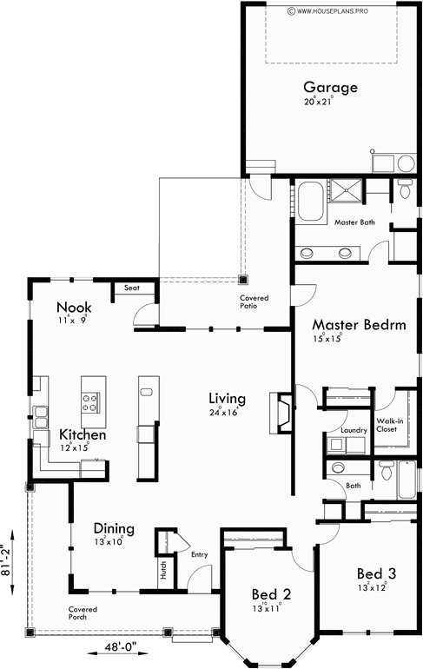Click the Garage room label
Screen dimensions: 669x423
point(330,87)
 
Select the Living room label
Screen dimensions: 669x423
point(227,399)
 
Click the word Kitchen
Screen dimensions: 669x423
point(83,434)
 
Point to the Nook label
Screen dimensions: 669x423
point(75,308)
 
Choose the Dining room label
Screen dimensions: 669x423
point(114,528)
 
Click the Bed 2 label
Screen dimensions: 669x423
point(271,594)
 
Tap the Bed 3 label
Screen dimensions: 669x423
point(377,573)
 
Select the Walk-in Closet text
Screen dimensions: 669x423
point(388,425)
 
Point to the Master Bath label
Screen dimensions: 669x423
point(354,222)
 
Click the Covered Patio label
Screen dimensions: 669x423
point(254,302)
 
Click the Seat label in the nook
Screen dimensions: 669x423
point(132,288)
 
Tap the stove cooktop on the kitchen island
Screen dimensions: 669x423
point(90,401)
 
